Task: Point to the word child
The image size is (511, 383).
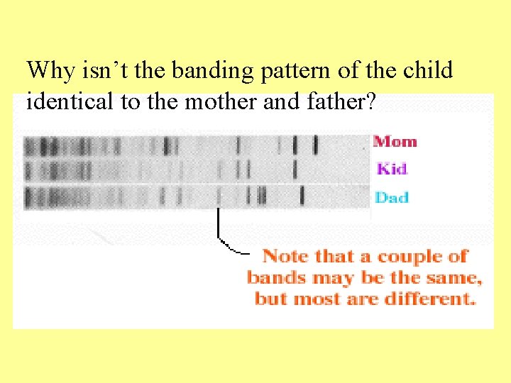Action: coord(426,71)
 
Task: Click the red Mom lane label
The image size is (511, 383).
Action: coord(395,141)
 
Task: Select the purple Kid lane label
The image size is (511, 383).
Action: coord(392,169)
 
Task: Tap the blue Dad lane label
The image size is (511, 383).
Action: coord(392,197)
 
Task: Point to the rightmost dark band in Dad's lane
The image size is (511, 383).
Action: coord(302,196)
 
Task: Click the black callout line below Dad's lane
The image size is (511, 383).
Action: coord(219,227)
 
